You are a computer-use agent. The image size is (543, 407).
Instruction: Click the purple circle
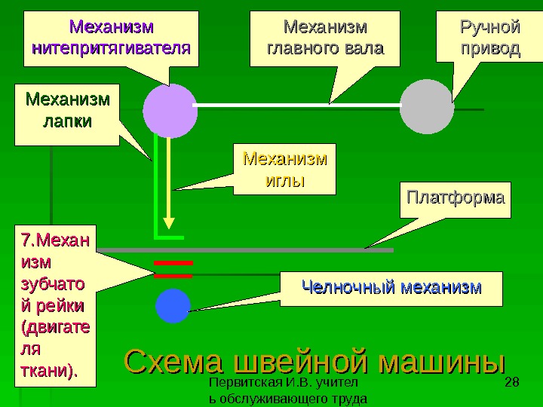pyautogui.click(x=170, y=110)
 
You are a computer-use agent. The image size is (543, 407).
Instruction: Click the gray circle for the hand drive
pyautogui.click(x=427, y=107)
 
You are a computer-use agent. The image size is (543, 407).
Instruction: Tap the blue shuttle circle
pyautogui.click(x=173, y=306)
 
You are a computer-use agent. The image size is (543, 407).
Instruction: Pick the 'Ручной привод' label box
pyautogui.click(x=489, y=38)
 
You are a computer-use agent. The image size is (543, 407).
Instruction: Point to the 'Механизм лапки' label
pyautogui.click(x=67, y=114)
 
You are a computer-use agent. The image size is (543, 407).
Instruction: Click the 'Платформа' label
pyautogui.click(x=455, y=199)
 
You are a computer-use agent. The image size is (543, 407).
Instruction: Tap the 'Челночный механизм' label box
pyautogui.click(x=391, y=288)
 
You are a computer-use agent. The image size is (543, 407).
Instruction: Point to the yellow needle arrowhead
pyautogui.click(x=170, y=225)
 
